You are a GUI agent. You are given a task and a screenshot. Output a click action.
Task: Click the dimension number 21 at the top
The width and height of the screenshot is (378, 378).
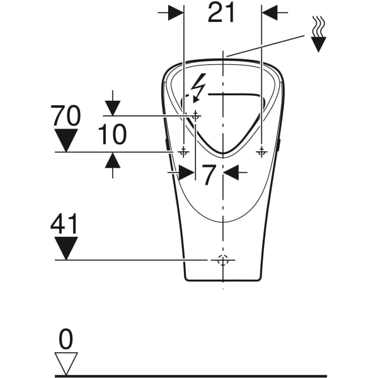tap(221, 13)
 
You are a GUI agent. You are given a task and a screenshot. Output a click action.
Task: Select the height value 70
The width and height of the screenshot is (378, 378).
tap(66, 116)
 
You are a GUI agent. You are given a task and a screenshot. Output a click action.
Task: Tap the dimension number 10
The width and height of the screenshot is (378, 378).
tap(112, 134)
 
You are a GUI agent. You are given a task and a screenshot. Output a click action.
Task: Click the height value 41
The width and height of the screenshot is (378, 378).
tap(66, 224)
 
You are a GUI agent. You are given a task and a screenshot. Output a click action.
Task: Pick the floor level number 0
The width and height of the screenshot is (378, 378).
tap(66, 340)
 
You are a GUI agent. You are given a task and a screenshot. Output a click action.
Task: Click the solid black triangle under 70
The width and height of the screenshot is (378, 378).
tap(66, 139)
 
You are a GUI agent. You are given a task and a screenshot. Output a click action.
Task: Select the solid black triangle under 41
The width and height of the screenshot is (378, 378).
tap(66, 247)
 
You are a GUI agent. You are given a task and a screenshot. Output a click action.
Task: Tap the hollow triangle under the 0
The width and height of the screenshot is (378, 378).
tap(66, 363)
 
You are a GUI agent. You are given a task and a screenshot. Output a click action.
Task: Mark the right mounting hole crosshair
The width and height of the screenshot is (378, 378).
tap(261, 152)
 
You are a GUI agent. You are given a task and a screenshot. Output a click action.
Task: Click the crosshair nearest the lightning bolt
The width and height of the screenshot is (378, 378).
tap(196, 115)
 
